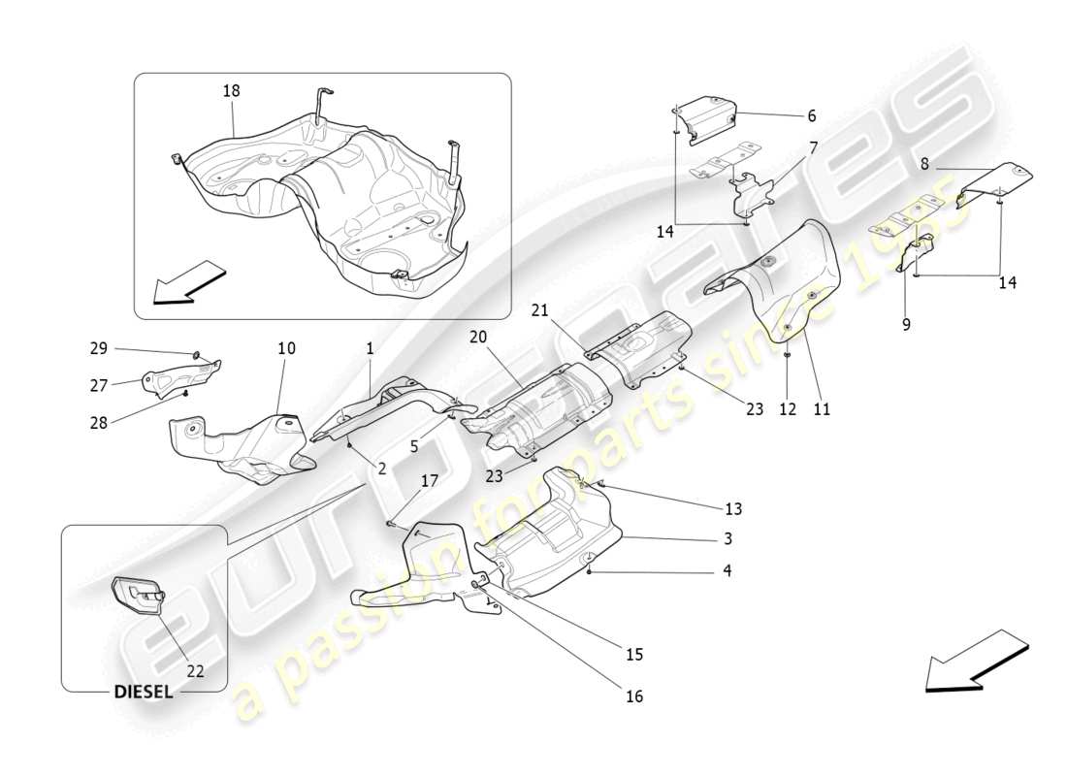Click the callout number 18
(x=231, y=90)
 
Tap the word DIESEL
(x=144, y=693)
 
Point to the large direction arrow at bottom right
(x=975, y=662)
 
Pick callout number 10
(x=286, y=348)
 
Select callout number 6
(x=811, y=115)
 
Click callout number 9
(x=906, y=326)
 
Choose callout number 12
(x=788, y=409)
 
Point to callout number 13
(x=733, y=509)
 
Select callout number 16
(x=633, y=696)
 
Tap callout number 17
(x=429, y=479)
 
